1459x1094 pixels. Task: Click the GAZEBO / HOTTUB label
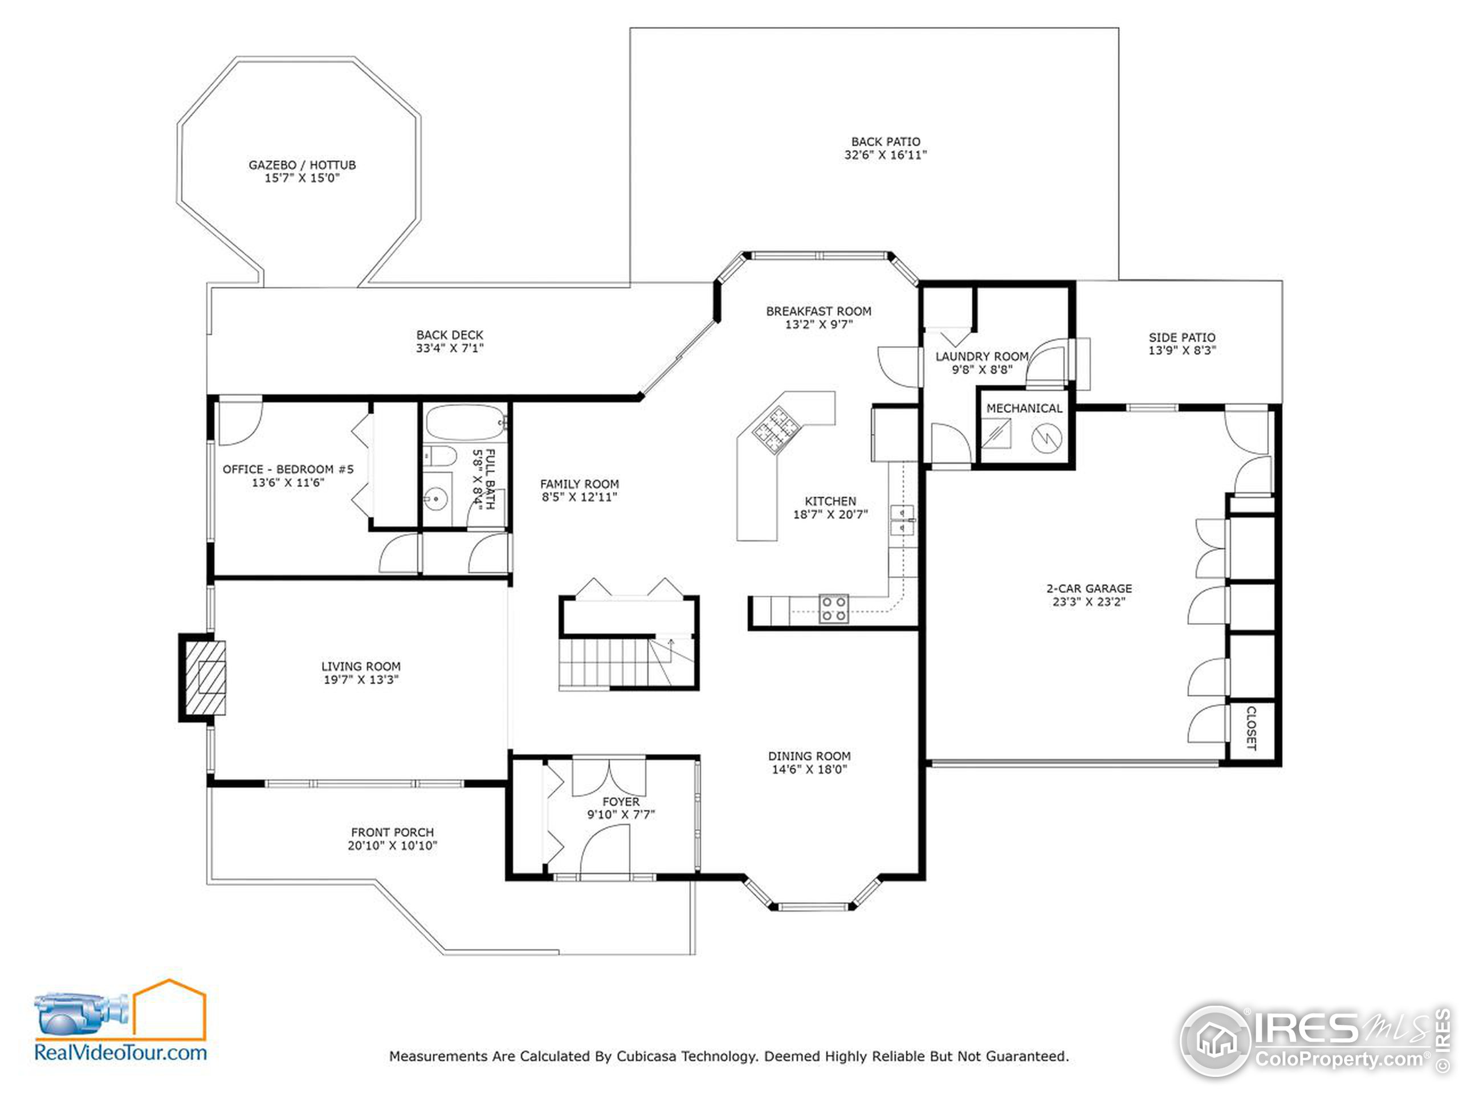click(302, 165)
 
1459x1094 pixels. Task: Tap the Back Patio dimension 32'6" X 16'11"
click(885, 155)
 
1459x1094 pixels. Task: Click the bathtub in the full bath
click(464, 422)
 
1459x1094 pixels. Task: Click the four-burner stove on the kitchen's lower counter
click(834, 609)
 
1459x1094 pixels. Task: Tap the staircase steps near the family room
click(604, 663)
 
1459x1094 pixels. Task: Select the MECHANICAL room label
click(1024, 408)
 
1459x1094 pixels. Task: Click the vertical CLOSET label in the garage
click(1251, 728)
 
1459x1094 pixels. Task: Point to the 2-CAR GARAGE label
click(1089, 588)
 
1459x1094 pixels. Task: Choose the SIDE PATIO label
click(1182, 337)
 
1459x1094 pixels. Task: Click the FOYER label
click(621, 802)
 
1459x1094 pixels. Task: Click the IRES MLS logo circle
click(1215, 1040)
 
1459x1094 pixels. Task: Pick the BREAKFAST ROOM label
click(818, 311)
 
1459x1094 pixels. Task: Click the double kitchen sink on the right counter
click(902, 520)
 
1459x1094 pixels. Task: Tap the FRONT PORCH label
click(393, 832)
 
